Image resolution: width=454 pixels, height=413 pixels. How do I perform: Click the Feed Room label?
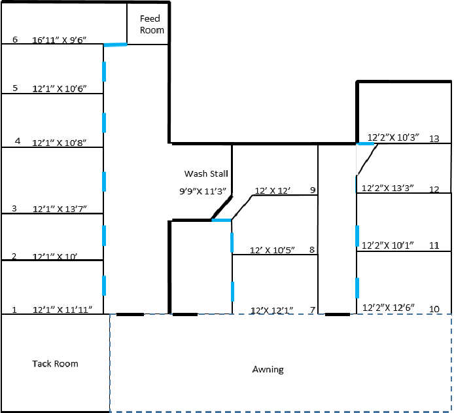tap(152, 25)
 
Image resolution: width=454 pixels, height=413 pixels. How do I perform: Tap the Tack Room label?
tap(55, 363)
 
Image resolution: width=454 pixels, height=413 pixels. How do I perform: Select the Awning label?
tap(268, 369)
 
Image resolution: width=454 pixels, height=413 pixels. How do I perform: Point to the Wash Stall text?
tap(206, 173)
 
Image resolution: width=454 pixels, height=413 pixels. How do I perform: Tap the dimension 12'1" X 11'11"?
tap(67, 309)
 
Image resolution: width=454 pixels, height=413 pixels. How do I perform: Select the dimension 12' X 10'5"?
tap(273, 250)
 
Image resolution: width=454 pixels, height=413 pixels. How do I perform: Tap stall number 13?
tap(434, 139)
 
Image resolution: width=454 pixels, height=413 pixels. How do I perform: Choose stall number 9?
tap(313, 190)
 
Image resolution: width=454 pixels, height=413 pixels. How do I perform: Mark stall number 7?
tap(312, 310)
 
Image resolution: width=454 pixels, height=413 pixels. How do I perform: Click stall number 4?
tap(18, 141)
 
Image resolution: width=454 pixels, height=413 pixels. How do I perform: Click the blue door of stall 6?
tap(115, 45)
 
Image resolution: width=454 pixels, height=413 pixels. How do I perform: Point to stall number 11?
tap(434, 245)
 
